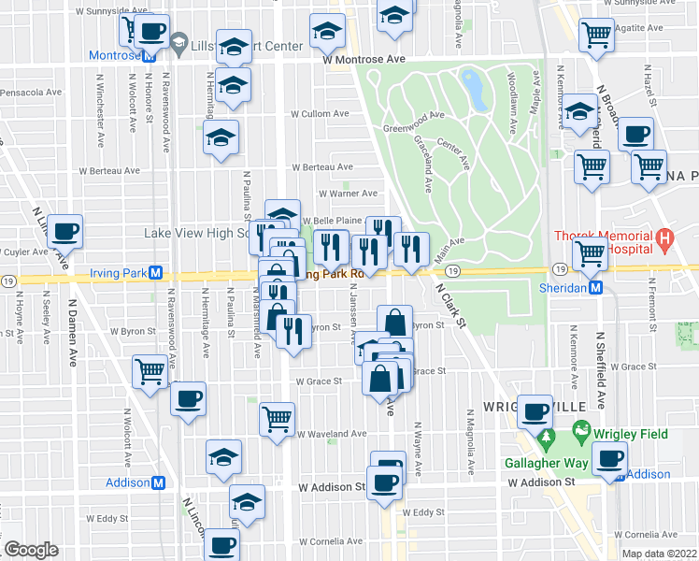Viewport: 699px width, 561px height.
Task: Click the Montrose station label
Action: click(113, 55)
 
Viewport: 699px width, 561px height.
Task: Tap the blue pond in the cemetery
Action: click(472, 88)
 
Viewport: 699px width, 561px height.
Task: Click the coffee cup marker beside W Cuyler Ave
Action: click(64, 232)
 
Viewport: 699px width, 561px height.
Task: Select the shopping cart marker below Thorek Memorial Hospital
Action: click(590, 253)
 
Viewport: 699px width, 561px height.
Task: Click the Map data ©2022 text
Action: click(659, 554)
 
